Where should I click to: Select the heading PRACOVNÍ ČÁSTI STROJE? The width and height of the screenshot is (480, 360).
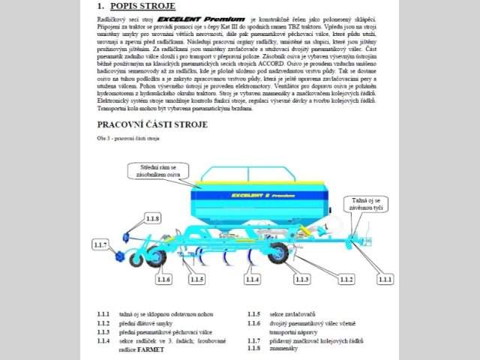coord(152,124)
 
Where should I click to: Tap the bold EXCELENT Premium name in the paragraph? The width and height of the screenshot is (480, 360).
coord(202,17)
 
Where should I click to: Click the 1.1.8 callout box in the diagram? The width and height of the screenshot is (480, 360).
coord(152,218)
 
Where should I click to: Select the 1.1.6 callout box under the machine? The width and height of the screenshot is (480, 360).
coord(163,279)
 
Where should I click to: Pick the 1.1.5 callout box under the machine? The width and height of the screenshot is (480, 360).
coord(197,279)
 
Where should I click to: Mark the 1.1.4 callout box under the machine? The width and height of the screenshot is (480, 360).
coord(253,279)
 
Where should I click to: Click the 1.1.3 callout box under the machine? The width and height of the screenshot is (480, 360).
coord(301,279)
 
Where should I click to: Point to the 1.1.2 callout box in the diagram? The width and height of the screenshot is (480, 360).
coord(346,279)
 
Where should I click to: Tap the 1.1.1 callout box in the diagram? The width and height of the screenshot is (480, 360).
coord(385,279)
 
